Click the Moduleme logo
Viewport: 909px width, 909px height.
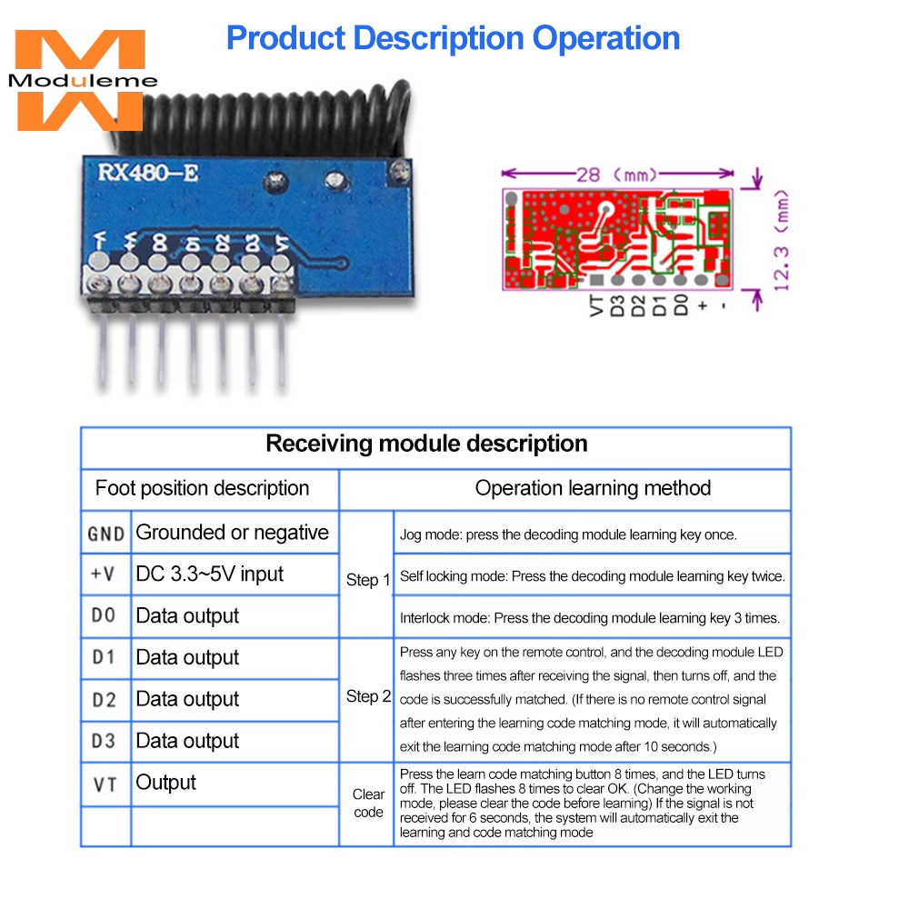click(x=81, y=80)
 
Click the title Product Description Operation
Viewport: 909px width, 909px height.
click(x=453, y=38)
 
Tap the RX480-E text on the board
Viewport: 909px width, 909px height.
click(x=148, y=172)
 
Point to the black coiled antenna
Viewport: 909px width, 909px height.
click(x=261, y=119)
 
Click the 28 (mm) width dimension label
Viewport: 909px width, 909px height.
click(x=617, y=174)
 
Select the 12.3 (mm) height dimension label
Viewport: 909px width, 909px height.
click(x=782, y=240)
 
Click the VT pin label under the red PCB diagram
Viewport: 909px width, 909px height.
click(x=596, y=305)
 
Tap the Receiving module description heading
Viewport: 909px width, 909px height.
click(x=426, y=444)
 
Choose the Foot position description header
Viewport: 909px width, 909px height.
click(x=203, y=488)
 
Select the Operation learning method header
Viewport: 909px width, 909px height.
click(x=593, y=488)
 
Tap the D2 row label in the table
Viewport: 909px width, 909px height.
click(x=105, y=700)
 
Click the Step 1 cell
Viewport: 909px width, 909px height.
click(x=367, y=580)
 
